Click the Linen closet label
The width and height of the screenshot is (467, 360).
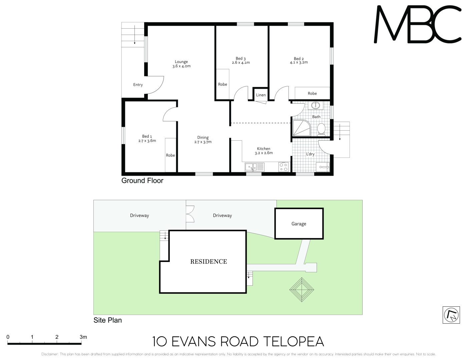(x=261, y=95)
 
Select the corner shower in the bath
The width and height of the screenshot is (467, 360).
(x=302, y=128)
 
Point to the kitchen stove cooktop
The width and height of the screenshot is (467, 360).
(x=284, y=167)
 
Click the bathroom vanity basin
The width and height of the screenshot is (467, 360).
(x=316, y=105)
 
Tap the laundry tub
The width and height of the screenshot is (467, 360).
(x=323, y=167)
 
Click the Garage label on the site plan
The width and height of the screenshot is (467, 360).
(x=299, y=224)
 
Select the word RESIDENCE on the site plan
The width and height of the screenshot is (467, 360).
(x=208, y=261)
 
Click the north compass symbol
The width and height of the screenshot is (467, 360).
(x=451, y=315)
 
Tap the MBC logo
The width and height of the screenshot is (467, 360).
(x=417, y=24)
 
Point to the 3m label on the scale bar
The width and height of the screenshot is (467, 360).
(x=83, y=337)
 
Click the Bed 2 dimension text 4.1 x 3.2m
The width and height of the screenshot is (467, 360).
(x=299, y=62)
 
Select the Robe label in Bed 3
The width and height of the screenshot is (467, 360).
(x=222, y=84)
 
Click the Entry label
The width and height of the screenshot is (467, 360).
(x=138, y=85)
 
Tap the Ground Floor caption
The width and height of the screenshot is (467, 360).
(x=142, y=181)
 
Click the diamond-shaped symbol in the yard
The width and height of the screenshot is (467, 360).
(x=302, y=290)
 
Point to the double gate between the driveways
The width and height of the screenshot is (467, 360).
(x=190, y=214)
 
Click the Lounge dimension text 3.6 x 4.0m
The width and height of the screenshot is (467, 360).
(x=181, y=66)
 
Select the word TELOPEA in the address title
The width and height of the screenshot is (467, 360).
(x=294, y=342)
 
